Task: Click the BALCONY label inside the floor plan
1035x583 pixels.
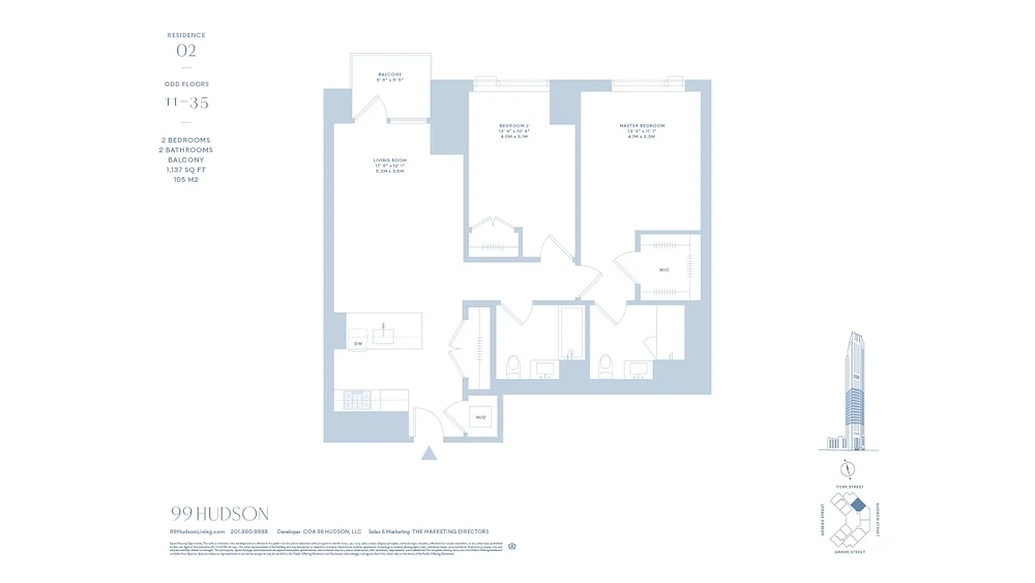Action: pyautogui.click(x=390, y=74)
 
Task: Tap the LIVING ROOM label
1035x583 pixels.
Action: pyautogui.click(x=390, y=160)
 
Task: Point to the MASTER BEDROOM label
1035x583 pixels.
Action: pyautogui.click(x=642, y=126)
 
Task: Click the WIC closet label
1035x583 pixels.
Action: pyautogui.click(x=664, y=270)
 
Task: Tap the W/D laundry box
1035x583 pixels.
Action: pyautogui.click(x=481, y=418)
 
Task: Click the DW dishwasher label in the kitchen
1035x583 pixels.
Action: pyautogui.click(x=358, y=343)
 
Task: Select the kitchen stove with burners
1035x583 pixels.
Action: pyautogui.click(x=358, y=400)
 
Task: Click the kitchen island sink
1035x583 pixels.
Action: pyautogui.click(x=383, y=335)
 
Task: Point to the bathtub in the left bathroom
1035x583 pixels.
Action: pyautogui.click(x=572, y=332)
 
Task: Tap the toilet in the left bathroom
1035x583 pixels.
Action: pyautogui.click(x=513, y=366)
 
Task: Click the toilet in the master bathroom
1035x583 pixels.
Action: pyautogui.click(x=605, y=366)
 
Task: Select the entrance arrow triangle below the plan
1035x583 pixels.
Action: pyautogui.click(x=429, y=453)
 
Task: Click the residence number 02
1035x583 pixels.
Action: pyautogui.click(x=186, y=51)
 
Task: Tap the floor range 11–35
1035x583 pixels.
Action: pyautogui.click(x=186, y=103)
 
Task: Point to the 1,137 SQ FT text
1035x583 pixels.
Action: pyautogui.click(x=186, y=170)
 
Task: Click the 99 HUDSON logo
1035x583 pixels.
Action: pyautogui.click(x=219, y=514)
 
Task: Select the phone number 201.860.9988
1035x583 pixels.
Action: pyautogui.click(x=250, y=532)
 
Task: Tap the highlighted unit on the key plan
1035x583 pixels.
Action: pyautogui.click(x=858, y=504)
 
